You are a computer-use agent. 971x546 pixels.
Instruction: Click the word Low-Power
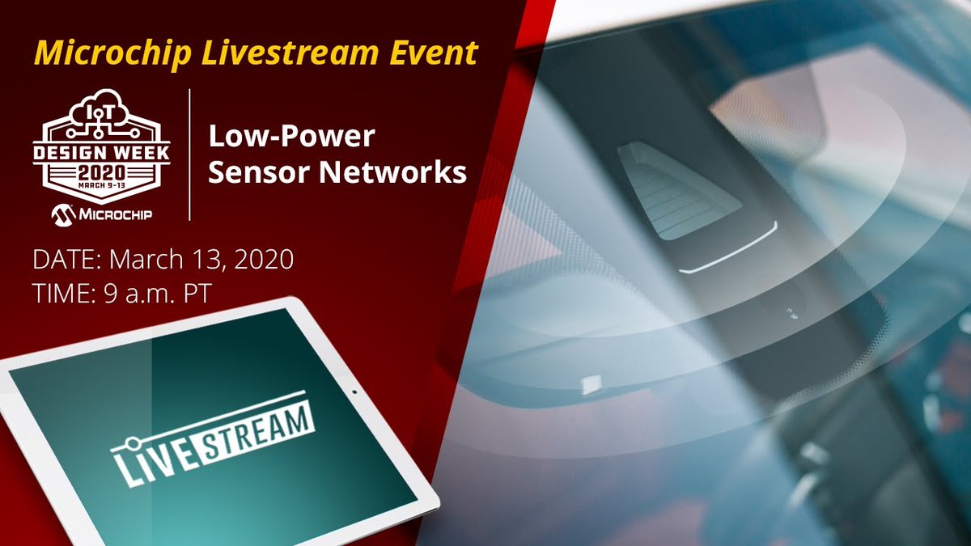[x=292, y=137]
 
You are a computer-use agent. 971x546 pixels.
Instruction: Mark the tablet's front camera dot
[x=354, y=392]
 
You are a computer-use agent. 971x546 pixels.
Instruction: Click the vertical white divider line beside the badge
[x=189, y=154]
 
